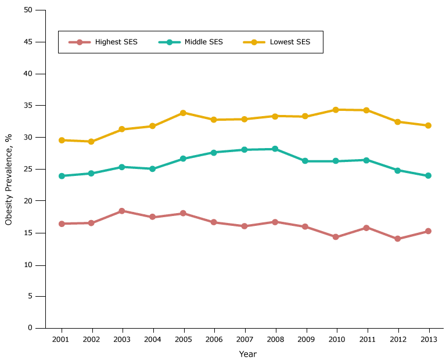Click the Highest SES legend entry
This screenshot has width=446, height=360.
click(103, 42)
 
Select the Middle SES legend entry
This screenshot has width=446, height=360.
click(190, 42)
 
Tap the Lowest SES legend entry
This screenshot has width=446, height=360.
click(276, 42)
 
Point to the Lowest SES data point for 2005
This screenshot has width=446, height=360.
click(183, 113)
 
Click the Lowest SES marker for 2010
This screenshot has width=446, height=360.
click(336, 110)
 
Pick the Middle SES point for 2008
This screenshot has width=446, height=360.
click(275, 149)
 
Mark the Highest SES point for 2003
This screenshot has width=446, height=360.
click(122, 211)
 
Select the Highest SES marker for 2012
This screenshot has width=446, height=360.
click(397, 239)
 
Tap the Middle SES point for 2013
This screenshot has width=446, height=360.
click(428, 175)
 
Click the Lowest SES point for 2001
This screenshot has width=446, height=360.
click(61, 140)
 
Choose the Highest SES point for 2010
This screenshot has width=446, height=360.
click(336, 237)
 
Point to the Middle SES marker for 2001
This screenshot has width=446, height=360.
click(61, 176)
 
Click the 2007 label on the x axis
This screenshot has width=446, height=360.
click(244, 339)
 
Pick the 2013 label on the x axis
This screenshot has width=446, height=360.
click(428, 339)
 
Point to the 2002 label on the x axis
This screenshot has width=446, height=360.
click(91, 339)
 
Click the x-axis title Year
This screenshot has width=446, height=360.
click(247, 354)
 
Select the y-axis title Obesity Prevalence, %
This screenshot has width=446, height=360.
click(9, 179)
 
